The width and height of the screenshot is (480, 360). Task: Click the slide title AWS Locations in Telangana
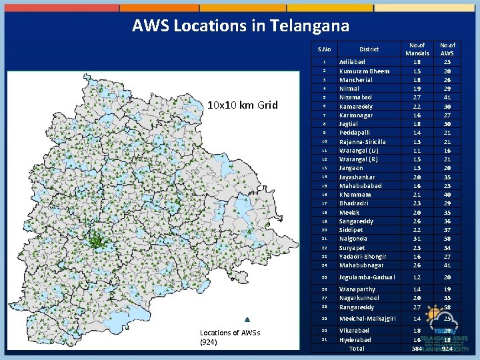[241, 26]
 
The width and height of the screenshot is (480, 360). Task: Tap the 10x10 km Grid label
[242, 105]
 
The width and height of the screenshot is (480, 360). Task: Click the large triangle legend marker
[247, 320]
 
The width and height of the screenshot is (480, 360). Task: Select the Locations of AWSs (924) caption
[230, 337]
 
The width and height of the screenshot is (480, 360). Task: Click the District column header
[369, 49]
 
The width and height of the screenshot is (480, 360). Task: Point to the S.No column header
[325, 49]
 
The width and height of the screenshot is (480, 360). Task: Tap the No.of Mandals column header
[418, 49]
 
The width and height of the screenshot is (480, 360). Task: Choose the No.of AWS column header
[447, 49]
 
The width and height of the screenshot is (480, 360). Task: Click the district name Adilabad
[354, 62]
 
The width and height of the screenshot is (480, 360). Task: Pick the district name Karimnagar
[356, 115]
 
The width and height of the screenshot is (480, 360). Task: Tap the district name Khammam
[355, 195]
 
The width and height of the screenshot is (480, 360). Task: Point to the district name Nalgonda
[355, 239]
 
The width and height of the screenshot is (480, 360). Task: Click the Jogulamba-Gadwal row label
[367, 277]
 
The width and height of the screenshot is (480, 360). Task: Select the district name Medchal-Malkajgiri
[367, 319]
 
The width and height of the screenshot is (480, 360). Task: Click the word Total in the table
[357, 349]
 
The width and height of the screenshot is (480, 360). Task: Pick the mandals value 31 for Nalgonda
[417, 239]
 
